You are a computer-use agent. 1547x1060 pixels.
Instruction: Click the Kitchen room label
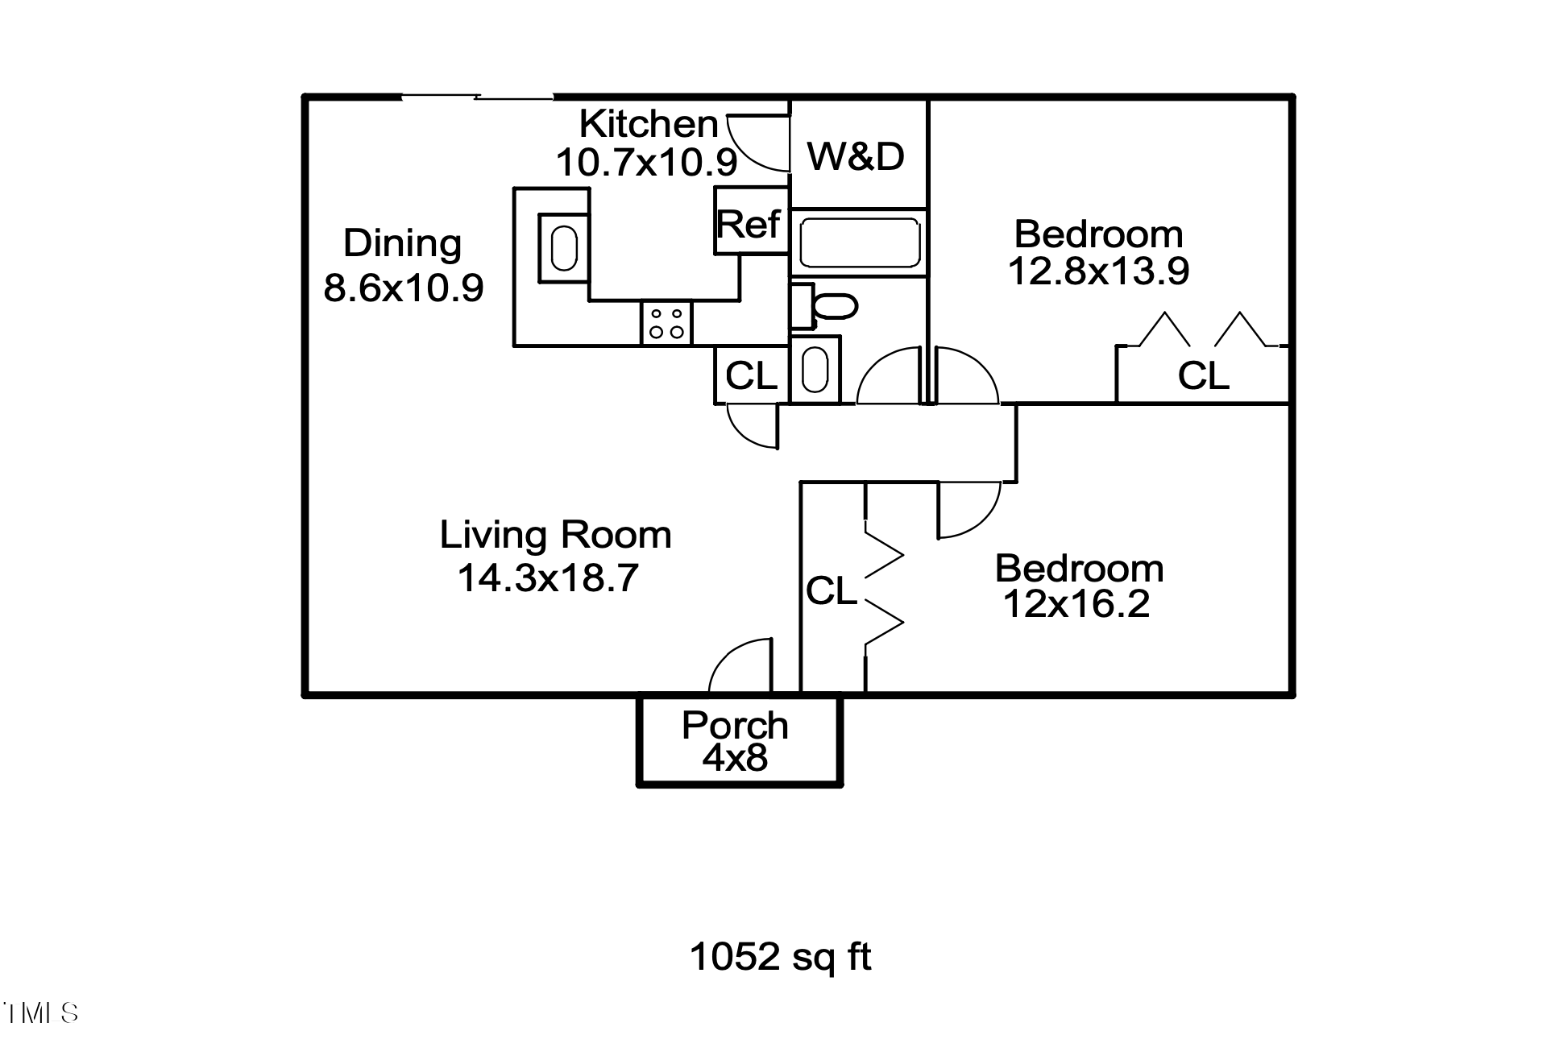pos(648,124)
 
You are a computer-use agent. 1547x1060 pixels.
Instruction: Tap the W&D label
pos(856,156)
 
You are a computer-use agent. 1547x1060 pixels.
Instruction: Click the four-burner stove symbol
pos(667,323)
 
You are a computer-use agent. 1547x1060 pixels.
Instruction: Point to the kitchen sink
pos(564,248)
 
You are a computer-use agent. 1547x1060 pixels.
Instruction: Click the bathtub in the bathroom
pos(859,242)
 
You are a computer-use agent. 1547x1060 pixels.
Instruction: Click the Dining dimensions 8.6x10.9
pos(403,288)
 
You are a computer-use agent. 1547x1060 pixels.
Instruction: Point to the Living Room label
pos(555,535)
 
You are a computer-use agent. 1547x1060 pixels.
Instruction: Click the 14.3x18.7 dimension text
pos(548,578)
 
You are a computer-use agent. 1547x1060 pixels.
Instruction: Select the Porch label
pos(735,726)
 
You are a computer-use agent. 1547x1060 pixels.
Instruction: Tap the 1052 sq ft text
pos(780,957)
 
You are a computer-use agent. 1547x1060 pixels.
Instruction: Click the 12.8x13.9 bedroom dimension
pos(1098,271)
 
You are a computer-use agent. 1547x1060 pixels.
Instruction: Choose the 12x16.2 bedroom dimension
pos(1076,604)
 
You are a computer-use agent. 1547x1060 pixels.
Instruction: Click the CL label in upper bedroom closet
pos(1203,375)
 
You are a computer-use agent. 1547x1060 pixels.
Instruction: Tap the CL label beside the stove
pos(751,375)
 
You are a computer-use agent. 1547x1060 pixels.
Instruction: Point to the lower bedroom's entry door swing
pos(968,509)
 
